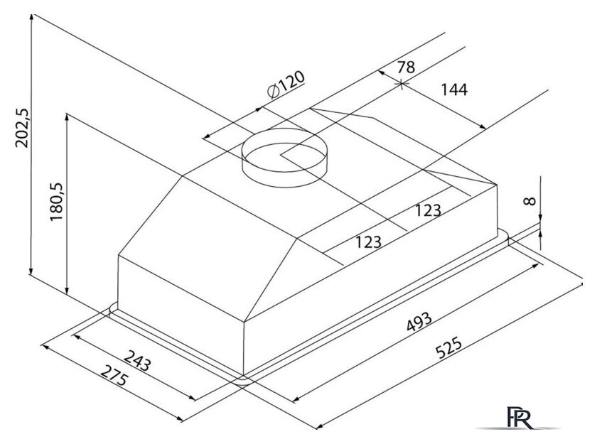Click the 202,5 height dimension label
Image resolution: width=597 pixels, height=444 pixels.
22,128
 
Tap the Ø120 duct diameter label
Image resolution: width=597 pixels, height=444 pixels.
286,85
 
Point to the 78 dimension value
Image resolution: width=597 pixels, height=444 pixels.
406,67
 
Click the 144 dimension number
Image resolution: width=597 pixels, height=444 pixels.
454,90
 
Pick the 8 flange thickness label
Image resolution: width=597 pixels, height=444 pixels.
529,200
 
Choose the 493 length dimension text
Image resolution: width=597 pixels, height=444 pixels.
419,322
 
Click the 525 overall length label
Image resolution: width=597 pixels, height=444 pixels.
449,347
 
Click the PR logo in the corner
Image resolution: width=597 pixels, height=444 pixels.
520,418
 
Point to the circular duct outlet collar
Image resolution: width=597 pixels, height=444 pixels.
285,157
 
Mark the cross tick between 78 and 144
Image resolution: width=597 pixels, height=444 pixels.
402,83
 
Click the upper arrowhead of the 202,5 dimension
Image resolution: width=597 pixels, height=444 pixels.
31,18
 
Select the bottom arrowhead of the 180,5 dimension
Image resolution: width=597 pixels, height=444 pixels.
67,292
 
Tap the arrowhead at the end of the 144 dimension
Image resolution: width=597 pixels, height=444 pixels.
483,126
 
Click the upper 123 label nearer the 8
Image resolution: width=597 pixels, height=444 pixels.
428,210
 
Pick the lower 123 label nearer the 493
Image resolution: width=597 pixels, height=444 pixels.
369,242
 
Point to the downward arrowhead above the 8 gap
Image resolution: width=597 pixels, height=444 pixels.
540,217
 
